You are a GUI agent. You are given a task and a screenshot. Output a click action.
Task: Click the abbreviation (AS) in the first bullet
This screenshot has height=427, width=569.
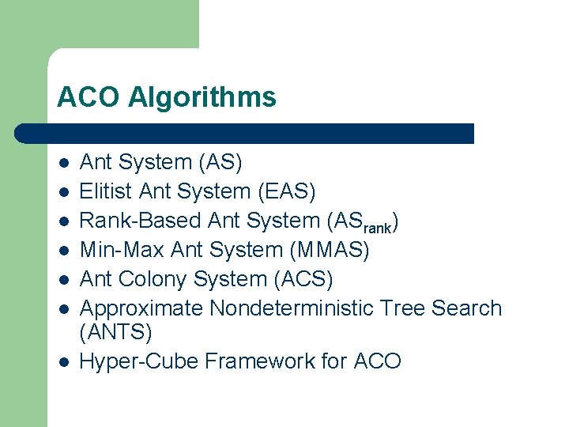pyautogui.click(x=220, y=162)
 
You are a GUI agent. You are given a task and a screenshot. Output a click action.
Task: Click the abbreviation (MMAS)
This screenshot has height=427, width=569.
pyautogui.click(x=330, y=250)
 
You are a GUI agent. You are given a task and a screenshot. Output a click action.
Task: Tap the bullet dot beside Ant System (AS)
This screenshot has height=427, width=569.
pyautogui.click(x=64, y=164)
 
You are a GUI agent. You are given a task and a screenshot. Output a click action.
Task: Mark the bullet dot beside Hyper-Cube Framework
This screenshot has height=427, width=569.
pyautogui.click(x=64, y=363)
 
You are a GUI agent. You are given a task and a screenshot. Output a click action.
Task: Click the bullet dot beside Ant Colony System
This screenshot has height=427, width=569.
pyautogui.click(x=64, y=281)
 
